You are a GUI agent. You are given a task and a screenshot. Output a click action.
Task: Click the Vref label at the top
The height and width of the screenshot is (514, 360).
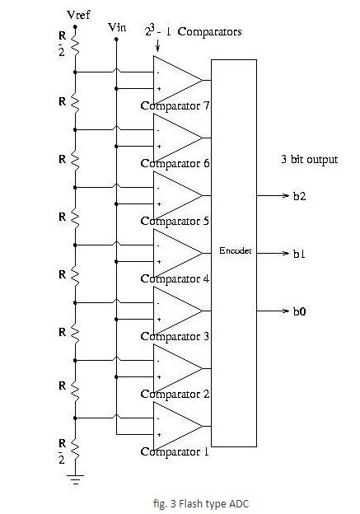[x=78, y=15]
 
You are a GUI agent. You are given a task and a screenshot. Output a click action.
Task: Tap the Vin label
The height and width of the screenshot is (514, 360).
[x=117, y=27]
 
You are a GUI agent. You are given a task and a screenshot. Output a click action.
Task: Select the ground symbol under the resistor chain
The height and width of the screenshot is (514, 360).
[x=76, y=479]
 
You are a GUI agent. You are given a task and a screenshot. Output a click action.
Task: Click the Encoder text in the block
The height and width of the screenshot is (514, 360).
[x=236, y=250]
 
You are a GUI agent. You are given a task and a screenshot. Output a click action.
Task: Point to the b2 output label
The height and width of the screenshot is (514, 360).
[x=299, y=196]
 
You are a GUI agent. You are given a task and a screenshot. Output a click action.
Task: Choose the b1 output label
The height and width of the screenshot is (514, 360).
[x=299, y=254]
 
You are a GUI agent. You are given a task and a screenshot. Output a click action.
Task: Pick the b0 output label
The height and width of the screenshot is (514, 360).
[x=299, y=311]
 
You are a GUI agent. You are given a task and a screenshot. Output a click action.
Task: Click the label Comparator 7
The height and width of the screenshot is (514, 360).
[x=175, y=106]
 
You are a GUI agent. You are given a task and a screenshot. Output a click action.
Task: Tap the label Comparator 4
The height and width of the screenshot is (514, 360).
[x=175, y=279]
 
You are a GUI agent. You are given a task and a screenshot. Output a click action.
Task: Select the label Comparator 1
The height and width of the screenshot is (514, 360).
[x=175, y=452]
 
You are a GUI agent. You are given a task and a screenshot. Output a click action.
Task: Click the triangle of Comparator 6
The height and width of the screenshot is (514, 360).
[x=178, y=138]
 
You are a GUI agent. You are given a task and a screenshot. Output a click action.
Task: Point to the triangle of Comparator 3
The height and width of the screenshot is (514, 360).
[x=178, y=311]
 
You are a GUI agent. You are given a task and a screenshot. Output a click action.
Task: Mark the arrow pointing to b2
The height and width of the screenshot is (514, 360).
[x=273, y=196]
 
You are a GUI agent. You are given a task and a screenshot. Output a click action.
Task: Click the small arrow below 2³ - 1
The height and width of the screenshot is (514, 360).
[x=157, y=45]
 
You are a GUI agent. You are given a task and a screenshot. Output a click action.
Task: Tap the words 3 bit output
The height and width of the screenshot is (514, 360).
[x=309, y=160]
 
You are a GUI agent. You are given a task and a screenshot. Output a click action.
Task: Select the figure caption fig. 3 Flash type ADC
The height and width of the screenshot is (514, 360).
[x=201, y=503]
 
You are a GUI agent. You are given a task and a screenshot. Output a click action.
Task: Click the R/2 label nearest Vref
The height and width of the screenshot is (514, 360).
[x=62, y=44]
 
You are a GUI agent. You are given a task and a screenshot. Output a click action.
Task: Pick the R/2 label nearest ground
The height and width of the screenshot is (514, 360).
[x=62, y=451]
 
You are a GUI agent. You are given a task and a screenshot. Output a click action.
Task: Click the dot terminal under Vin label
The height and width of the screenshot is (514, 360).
[x=116, y=39]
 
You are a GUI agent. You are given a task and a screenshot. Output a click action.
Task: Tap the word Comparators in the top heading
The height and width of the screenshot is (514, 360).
[x=210, y=32]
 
